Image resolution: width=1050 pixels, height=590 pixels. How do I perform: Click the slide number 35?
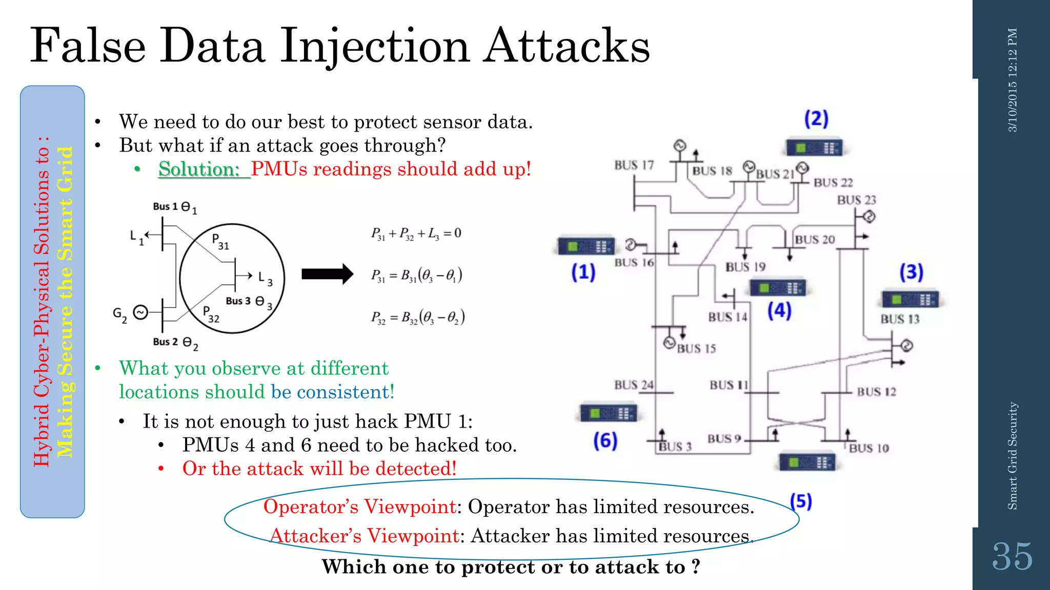point(1012,557)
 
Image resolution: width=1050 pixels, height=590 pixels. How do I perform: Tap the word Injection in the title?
point(374,47)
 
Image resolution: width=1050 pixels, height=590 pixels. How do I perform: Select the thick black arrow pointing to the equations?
point(327,274)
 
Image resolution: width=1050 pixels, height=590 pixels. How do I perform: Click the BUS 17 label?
point(634,165)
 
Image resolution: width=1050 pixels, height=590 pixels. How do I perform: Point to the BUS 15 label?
point(696,349)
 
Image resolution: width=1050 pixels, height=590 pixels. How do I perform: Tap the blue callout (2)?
point(816,119)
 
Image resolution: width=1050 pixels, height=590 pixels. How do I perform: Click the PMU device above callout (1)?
point(586,246)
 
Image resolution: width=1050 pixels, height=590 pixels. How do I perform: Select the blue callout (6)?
point(605,440)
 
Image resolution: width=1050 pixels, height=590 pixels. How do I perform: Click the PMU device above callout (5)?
point(807,462)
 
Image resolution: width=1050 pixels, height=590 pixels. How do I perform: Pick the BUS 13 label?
point(900,319)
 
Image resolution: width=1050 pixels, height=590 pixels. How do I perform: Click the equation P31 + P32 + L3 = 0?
point(416,234)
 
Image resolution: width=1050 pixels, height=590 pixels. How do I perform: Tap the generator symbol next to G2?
point(140,312)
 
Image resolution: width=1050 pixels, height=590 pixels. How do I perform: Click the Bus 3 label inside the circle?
point(238,301)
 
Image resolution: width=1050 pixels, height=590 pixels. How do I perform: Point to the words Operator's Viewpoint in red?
point(360,507)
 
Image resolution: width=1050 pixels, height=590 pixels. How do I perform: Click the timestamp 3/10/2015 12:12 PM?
point(1012,80)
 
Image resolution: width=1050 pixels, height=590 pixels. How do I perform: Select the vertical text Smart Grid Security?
point(1012,456)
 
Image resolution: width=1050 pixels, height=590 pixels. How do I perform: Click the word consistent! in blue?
point(333,392)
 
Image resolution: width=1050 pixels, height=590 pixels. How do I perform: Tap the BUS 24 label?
point(634,385)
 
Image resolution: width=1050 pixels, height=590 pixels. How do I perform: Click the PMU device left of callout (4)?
point(778,288)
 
